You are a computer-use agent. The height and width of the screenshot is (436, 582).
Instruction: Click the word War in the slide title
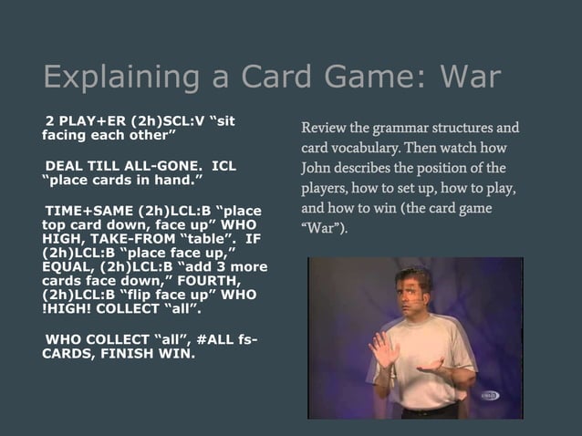point(470,77)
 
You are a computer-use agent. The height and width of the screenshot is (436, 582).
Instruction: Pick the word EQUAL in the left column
point(68,270)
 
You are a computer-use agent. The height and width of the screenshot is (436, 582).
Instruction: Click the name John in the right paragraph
point(319,169)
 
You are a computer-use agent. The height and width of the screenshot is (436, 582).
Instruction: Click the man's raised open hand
point(382,349)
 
